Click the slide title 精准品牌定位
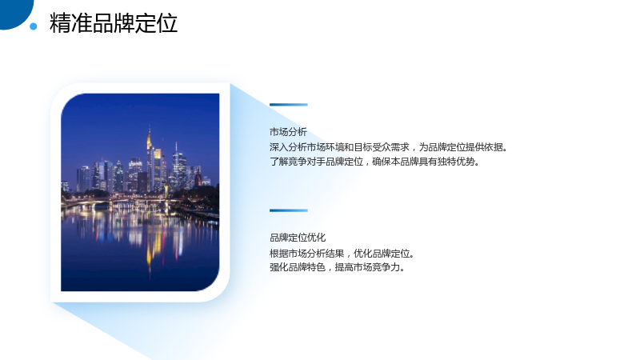[114, 23]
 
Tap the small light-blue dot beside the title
[34, 26]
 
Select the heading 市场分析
[288, 132]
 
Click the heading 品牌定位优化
[298, 238]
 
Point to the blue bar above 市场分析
[289, 105]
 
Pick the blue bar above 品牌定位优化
[289, 210]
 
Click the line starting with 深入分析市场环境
[389, 147]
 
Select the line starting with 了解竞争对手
[374, 162]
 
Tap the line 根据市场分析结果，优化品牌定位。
[342, 254]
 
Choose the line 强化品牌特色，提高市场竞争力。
[338, 267]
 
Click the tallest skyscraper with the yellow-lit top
[150, 159]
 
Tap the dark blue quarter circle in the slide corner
[14, 12]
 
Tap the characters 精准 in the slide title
[70, 23]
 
